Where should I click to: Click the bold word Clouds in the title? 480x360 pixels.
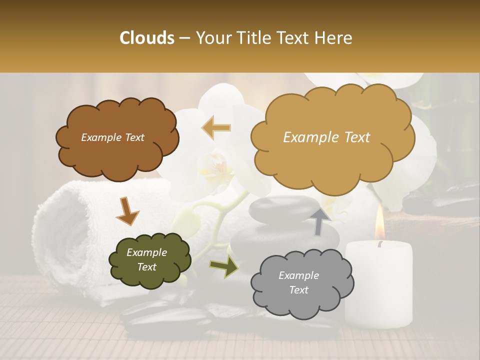click(147, 38)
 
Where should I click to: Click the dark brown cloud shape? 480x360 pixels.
click(116, 150)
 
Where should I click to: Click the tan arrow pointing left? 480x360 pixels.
click(216, 127)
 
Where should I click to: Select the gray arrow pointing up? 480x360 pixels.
click(320, 221)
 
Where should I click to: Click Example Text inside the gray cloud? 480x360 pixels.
click(298, 282)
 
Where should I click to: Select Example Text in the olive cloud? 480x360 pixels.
click(146, 259)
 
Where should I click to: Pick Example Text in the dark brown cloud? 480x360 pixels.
click(112, 137)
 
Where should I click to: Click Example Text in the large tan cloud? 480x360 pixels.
click(326, 137)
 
